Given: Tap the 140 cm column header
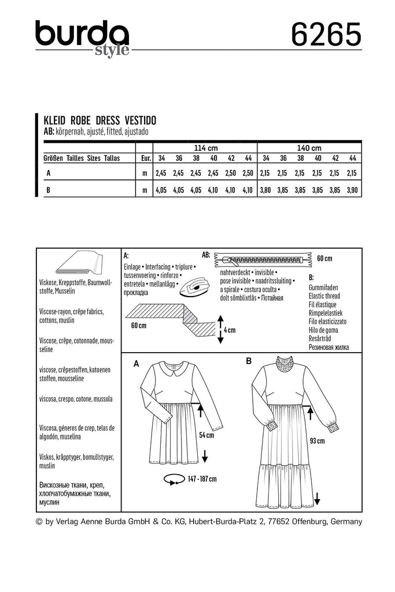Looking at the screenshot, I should (309, 148).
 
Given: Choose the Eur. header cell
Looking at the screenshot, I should (146, 158).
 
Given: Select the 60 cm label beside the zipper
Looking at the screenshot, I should (324, 258).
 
